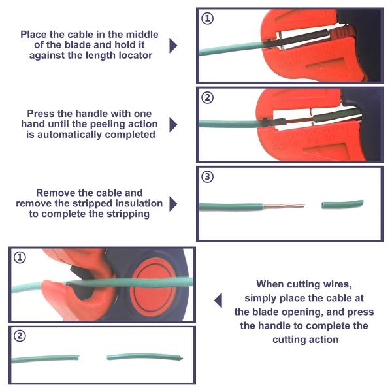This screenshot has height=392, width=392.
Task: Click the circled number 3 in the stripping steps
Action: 207,177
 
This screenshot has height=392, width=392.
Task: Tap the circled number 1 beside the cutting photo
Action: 20,257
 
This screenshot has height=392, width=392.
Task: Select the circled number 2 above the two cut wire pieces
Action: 20,336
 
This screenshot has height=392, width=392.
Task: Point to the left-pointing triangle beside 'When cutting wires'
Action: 218,301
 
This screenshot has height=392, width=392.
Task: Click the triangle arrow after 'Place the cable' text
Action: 173,46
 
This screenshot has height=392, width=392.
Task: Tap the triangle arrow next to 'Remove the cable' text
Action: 173,204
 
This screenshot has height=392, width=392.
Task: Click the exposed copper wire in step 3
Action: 284,206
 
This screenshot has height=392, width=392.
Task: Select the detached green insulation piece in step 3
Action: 342,204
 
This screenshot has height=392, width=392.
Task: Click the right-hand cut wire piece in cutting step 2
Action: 145,357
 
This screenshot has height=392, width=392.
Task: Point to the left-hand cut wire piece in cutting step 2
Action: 45,359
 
